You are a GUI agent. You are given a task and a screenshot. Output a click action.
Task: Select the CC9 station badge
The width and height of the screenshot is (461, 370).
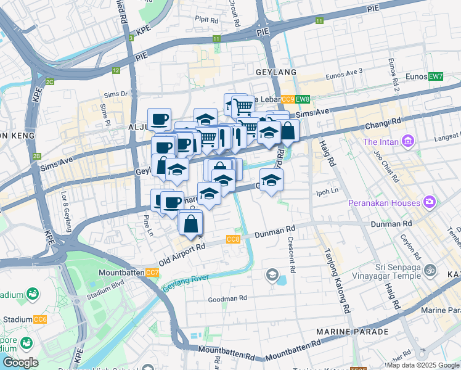[x=288, y=99]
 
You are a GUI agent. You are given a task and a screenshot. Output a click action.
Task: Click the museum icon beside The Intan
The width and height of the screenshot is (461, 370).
[x=407, y=142]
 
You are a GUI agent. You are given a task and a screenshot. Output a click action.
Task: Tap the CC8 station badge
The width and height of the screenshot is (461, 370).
[x=233, y=239]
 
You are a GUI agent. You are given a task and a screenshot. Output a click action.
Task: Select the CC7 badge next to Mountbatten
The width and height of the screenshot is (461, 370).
[x=152, y=273]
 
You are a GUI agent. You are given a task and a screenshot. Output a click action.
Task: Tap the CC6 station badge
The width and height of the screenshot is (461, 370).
[x=40, y=319]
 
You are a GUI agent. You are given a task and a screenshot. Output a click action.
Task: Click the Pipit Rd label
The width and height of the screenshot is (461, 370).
[x=206, y=20]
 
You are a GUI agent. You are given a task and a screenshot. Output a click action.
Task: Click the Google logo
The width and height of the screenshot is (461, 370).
[x=20, y=363]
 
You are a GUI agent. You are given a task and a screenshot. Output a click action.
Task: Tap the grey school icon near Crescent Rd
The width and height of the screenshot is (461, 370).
[x=272, y=274]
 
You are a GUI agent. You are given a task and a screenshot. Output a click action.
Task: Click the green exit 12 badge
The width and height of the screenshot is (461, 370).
[x=116, y=70]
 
